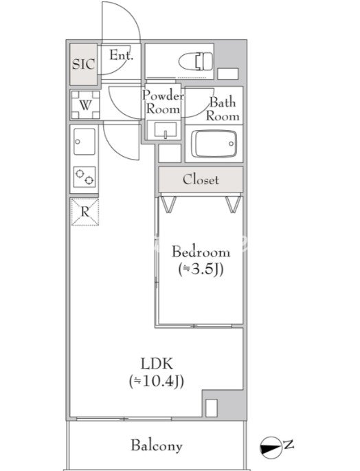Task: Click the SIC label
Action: [84, 64]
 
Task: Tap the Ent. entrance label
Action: [122, 55]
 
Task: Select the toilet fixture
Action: [196, 62]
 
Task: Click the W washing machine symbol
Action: [85, 105]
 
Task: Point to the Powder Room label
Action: [163, 102]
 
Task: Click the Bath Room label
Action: [223, 109]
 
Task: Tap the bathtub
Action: [214, 144]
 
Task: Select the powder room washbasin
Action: [165, 130]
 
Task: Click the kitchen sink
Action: [85, 142]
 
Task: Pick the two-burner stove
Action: [85, 177]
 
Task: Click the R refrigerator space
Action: [85, 212]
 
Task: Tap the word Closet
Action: [201, 179]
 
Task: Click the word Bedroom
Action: [201, 252]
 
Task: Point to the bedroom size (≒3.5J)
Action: [201, 269]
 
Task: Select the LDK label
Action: [157, 364]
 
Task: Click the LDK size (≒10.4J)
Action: [157, 382]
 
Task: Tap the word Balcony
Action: [157, 445]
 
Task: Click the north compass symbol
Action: [270, 448]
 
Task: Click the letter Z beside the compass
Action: [289, 445]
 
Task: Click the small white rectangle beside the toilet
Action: [228, 74]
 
